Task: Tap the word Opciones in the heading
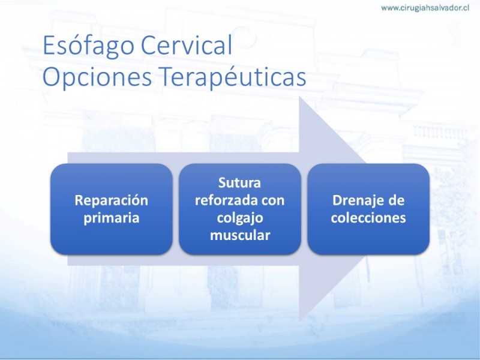(x=97, y=78)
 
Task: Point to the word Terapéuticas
(x=233, y=77)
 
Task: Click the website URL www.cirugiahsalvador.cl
(x=425, y=8)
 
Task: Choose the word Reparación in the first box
(x=112, y=201)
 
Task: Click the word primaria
(x=112, y=218)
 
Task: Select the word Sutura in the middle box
(x=239, y=183)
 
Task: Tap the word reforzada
(x=224, y=200)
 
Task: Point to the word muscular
(x=239, y=235)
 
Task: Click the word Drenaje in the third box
(x=355, y=201)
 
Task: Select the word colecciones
(x=368, y=218)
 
